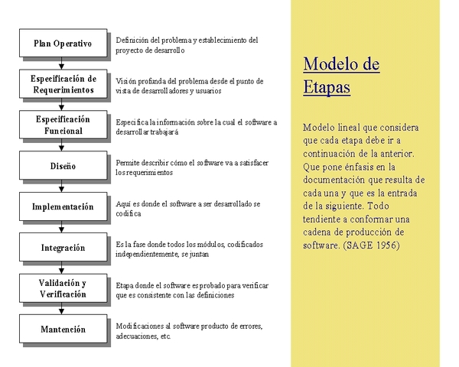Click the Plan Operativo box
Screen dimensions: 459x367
click(63, 44)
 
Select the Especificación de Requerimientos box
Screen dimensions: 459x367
click(63, 84)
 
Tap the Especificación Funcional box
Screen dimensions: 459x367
click(63, 125)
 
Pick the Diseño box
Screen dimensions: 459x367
click(63, 166)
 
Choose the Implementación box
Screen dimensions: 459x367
click(63, 207)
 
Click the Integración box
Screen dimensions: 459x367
click(63, 248)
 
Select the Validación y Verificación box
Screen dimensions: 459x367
click(63, 288)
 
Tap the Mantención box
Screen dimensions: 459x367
click(63, 330)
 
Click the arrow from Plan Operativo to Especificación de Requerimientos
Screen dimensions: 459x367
click(63, 64)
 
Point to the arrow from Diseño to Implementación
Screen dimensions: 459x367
click(63, 187)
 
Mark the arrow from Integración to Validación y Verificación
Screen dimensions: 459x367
click(63, 268)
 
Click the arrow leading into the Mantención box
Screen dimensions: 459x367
click(63, 309)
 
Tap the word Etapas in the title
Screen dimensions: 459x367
click(327, 87)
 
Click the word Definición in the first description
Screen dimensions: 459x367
click(133, 40)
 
